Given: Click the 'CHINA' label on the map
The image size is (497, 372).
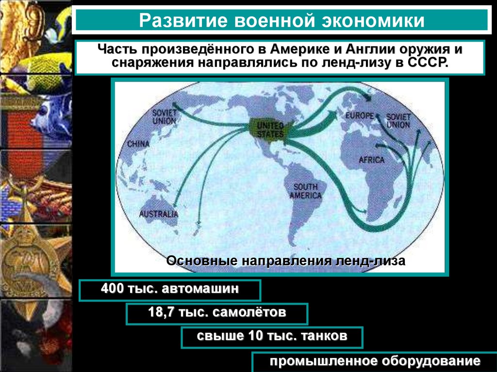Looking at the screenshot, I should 139,144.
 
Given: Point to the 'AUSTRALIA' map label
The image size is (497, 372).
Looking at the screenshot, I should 159,214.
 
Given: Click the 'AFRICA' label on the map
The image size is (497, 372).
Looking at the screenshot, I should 371,160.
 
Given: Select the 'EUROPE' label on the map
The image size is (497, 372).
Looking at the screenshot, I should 359,116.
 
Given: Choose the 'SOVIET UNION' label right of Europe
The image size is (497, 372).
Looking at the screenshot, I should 398,121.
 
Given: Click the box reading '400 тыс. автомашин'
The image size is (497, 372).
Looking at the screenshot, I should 170,290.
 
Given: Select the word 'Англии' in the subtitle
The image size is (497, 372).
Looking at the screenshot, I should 371,50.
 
